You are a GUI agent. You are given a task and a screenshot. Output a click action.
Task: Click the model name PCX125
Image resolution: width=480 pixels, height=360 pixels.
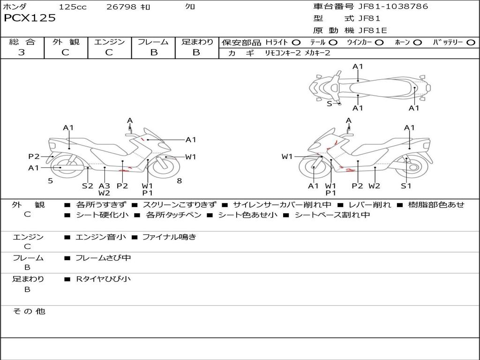[x=30, y=18]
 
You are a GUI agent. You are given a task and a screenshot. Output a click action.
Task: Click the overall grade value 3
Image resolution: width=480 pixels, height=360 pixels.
[x=22, y=52]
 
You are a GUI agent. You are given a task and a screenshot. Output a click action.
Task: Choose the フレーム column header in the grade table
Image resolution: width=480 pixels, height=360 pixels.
[x=153, y=42]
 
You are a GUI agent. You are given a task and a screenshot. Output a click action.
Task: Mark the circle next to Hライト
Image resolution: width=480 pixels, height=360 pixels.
[x=296, y=43]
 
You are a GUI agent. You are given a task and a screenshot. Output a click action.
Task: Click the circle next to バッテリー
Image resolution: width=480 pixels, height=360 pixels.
[x=471, y=43]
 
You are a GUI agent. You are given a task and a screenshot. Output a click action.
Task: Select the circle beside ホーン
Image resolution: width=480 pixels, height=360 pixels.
[x=418, y=43]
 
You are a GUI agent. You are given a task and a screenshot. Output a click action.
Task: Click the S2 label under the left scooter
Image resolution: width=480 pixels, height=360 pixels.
[x=88, y=186]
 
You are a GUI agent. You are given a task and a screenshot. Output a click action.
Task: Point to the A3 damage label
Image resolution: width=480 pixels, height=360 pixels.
[x=104, y=186]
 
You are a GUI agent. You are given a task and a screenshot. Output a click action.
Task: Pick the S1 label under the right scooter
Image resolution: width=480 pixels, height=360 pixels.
[x=406, y=186]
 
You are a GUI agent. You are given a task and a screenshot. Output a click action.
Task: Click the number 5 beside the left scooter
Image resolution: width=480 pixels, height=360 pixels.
[x=50, y=180]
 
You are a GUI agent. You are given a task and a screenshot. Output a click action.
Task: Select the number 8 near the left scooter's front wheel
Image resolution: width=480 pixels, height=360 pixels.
[x=179, y=180]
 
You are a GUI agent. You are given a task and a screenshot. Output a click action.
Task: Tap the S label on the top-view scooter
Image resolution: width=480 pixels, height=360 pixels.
[x=329, y=104]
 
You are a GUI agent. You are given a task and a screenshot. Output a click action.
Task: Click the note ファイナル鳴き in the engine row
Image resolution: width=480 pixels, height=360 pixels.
[x=169, y=237]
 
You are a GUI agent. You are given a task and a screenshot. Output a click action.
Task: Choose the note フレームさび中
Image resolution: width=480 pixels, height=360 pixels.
[x=103, y=258]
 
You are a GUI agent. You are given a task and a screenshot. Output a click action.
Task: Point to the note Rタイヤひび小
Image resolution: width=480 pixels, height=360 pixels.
[x=103, y=279]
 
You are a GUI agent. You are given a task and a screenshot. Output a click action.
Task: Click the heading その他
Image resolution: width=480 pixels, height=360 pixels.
[x=29, y=311]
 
